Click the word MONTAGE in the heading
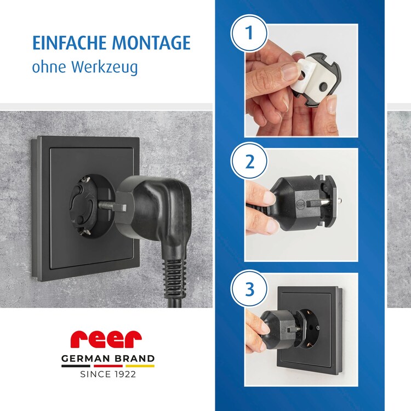[151, 43]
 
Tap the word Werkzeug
[105, 67]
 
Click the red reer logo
[106, 339]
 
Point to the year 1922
[125, 374]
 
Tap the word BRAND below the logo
[135, 358]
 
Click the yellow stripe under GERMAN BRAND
[140, 366]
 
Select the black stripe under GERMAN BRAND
[76, 366]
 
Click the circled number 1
[249, 33]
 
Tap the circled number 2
[249, 161]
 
